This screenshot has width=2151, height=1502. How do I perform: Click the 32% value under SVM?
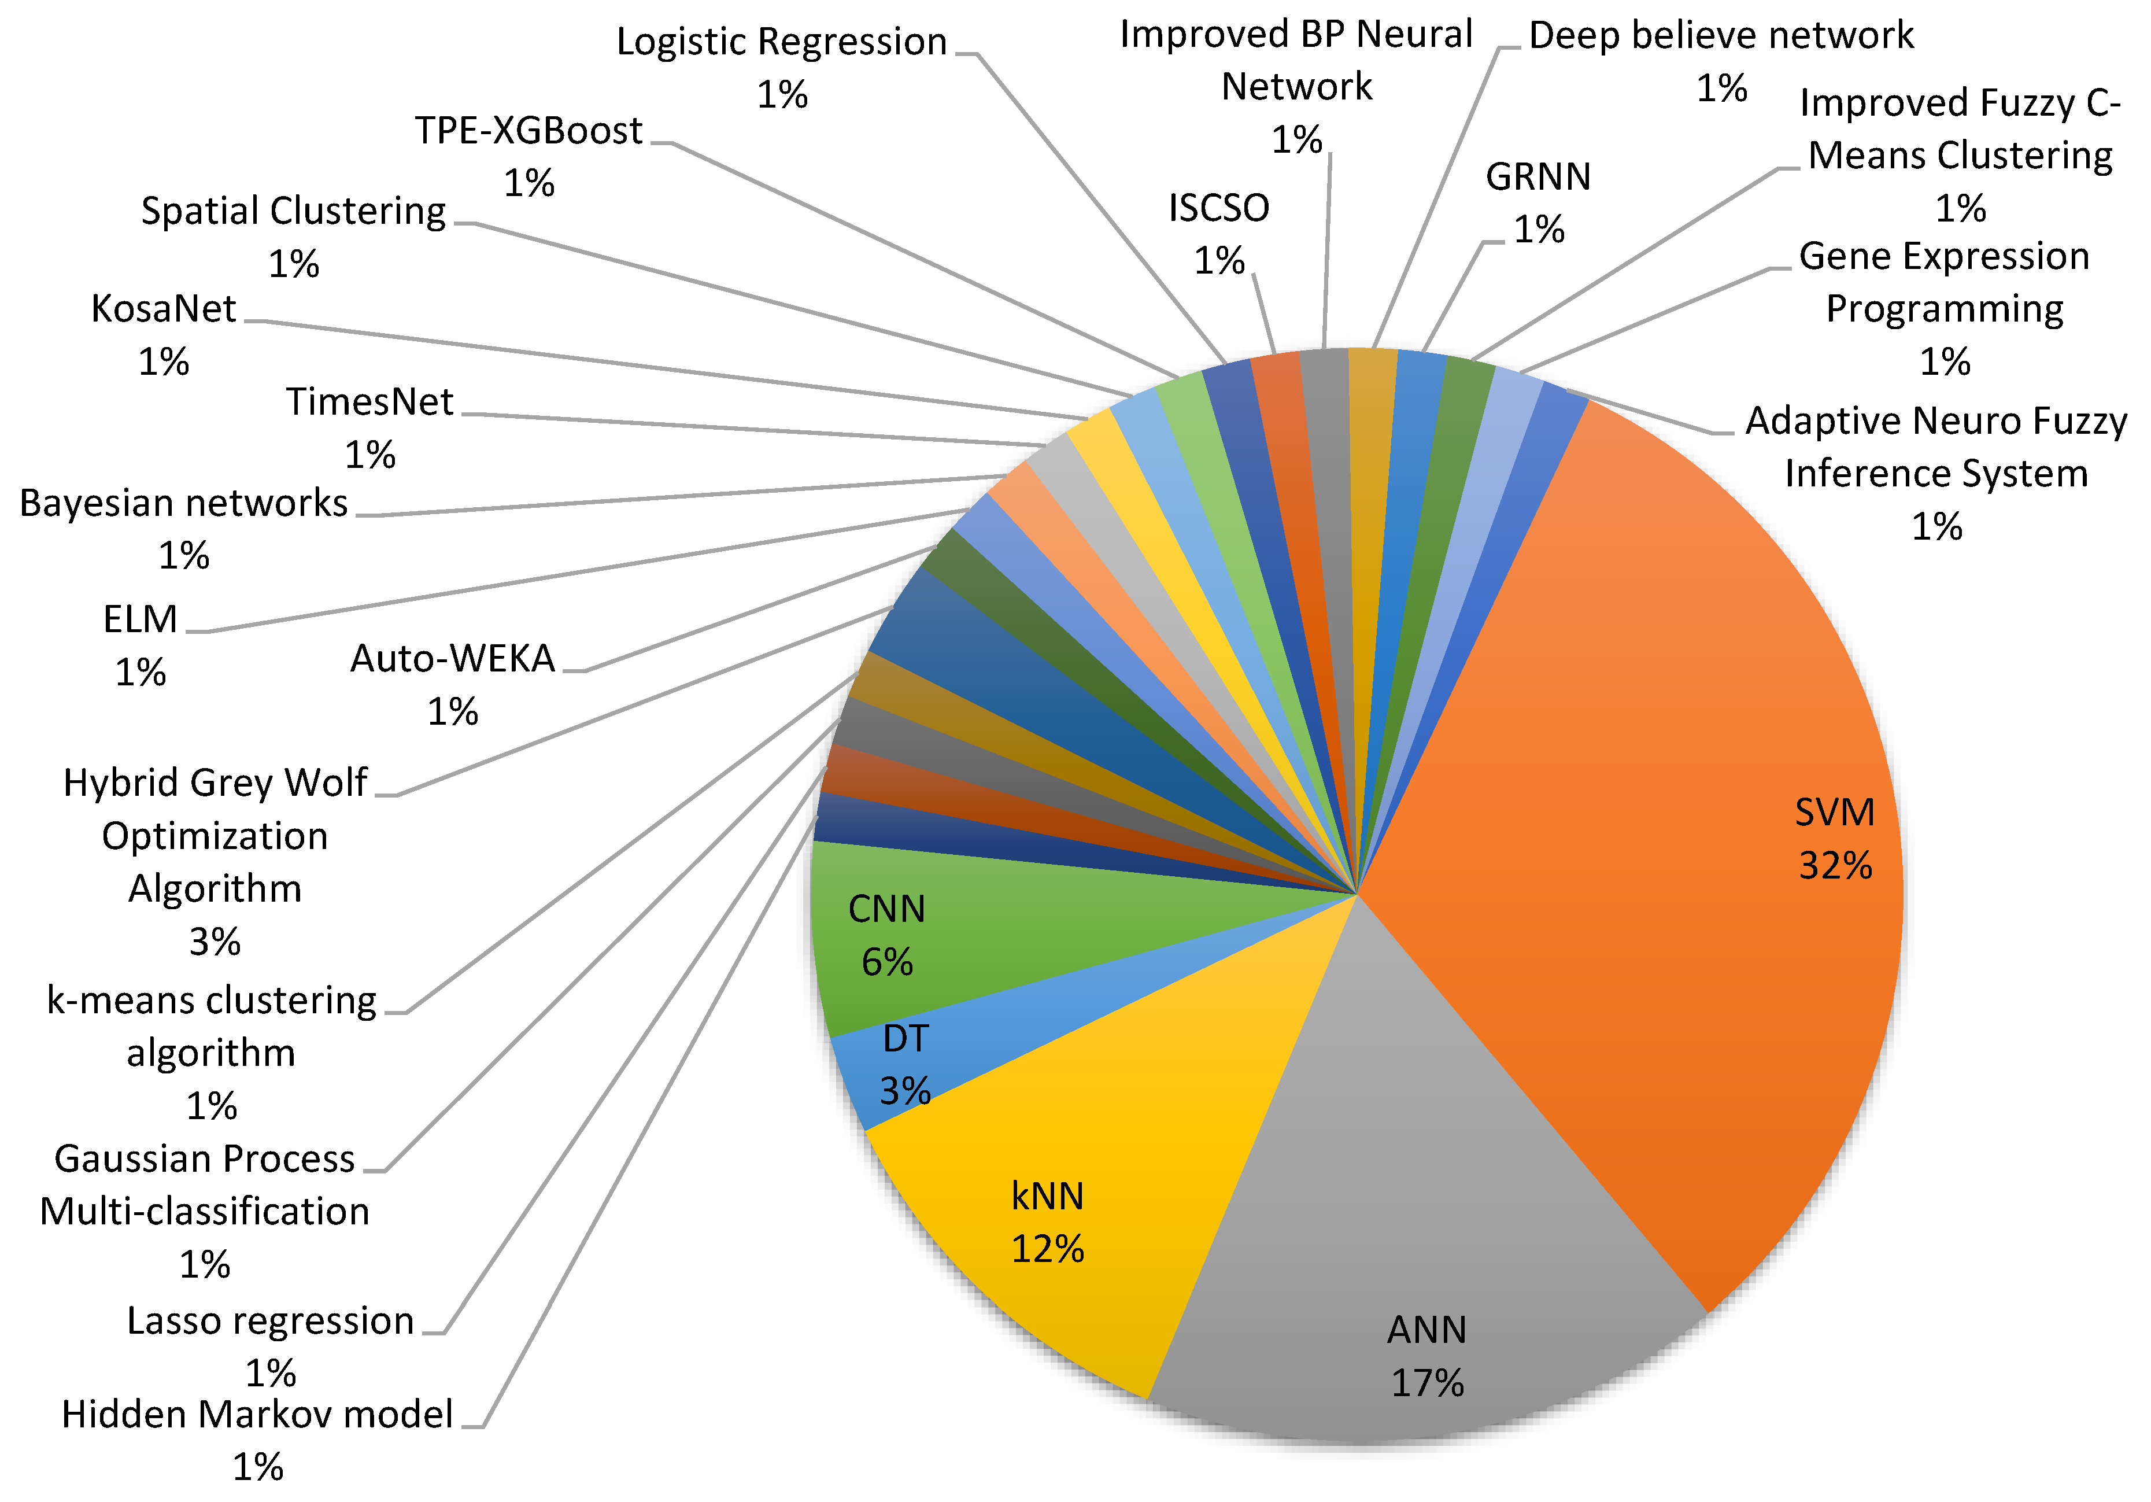(x=1834, y=865)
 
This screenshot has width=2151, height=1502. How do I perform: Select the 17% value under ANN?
(x=1427, y=1383)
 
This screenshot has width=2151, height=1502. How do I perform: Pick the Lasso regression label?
(x=270, y=1321)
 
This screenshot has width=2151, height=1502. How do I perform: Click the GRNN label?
(x=1538, y=177)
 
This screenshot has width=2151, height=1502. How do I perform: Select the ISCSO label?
(x=1218, y=208)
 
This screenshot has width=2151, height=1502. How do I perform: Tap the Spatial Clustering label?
(x=293, y=212)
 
